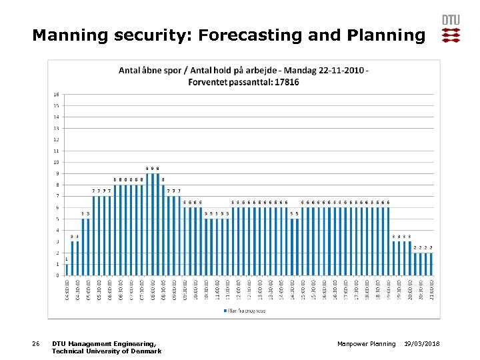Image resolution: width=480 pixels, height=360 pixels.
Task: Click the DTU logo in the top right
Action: [451, 29]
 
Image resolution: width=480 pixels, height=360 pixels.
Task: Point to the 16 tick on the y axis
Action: [57, 94]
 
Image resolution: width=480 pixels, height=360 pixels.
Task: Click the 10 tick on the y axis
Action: [57, 162]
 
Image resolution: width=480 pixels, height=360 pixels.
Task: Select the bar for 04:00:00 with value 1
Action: [67, 269]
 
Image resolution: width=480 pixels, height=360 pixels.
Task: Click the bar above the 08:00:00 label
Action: [153, 224]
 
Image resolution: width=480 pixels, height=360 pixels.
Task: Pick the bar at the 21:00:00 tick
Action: [431, 264]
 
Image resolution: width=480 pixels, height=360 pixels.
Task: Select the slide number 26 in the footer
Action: [36, 343]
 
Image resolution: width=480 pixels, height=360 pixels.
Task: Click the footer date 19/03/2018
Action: [426, 343]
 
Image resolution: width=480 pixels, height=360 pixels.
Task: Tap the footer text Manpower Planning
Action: [366, 343]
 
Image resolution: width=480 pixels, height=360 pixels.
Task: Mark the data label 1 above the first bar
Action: [67, 259]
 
